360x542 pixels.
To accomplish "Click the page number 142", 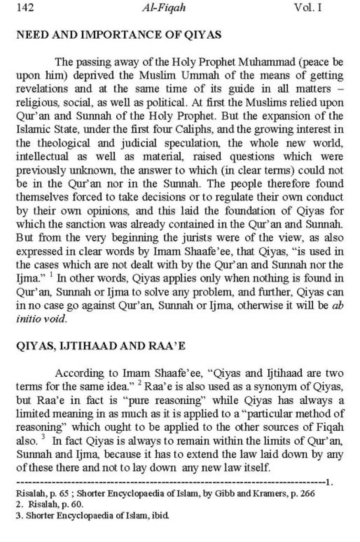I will pos(25,7).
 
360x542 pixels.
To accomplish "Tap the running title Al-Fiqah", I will pos(164,8).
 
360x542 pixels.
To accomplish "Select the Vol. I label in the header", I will pos(308,7).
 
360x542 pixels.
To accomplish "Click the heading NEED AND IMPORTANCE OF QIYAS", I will pos(119,35).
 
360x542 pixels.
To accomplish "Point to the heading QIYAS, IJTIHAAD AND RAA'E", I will pos(101,346).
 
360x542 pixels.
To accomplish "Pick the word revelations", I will pos(42,89).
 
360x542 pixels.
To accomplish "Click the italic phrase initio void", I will pos(41,319).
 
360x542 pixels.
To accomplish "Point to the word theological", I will pos(64,143).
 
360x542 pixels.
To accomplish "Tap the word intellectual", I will pos(42,157).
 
